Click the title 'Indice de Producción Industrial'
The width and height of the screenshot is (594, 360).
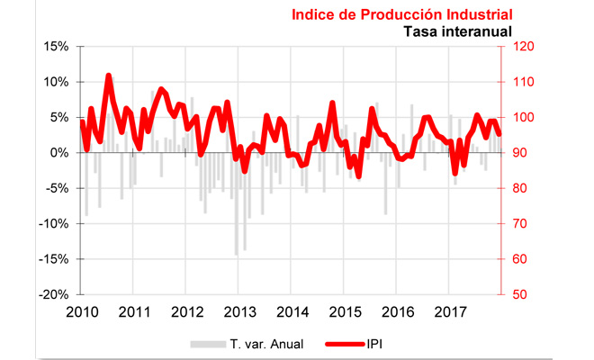point(401,14)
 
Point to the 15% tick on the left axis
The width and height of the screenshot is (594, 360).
point(57,47)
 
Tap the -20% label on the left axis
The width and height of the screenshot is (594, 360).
point(54,295)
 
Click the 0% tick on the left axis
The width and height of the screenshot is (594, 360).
point(60,153)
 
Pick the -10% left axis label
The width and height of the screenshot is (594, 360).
point(54,224)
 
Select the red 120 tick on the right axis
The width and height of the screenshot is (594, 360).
point(525,47)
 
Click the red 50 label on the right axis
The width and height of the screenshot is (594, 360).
point(521,295)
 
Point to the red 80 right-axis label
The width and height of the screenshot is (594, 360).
point(521,189)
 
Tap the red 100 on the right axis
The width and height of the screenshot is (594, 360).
point(525,118)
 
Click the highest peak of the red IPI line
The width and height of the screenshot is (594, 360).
point(109,76)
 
